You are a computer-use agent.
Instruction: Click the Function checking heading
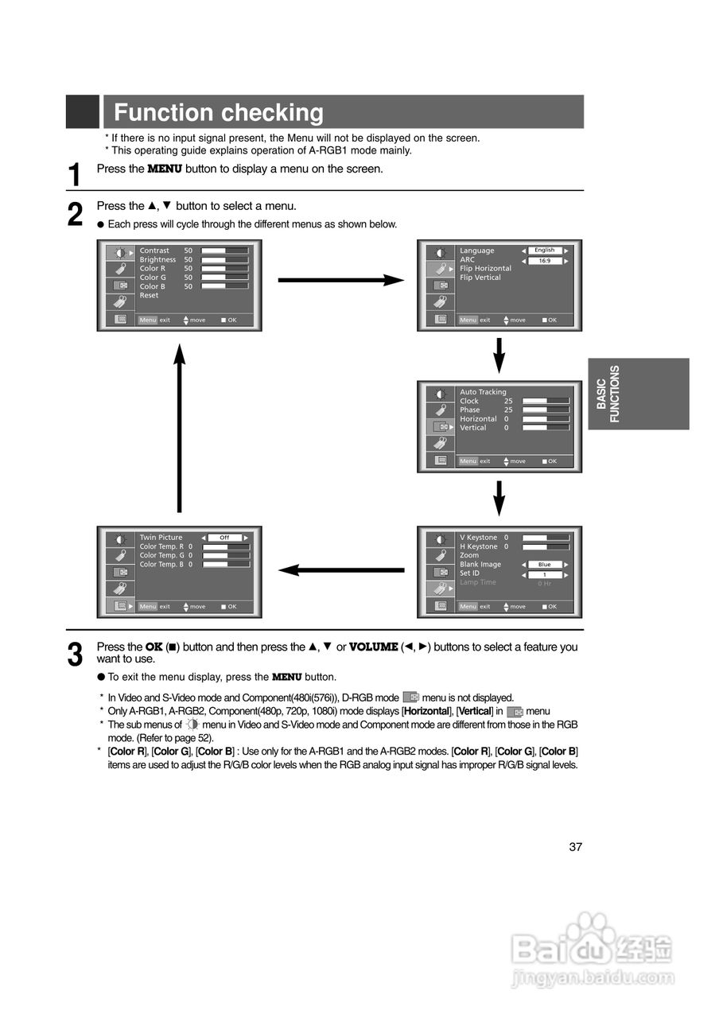point(219,113)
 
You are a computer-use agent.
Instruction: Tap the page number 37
point(576,846)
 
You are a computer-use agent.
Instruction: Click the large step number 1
point(75,175)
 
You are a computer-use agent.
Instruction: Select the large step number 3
point(75,655)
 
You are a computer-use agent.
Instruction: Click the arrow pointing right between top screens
point(340,280)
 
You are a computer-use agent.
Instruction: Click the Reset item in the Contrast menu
point(149,295)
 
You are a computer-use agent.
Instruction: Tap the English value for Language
point(545,251)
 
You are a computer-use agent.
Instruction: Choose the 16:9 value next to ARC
point(545,260)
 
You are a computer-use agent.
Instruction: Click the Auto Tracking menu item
point(483,392)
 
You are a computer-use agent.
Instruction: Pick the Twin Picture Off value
point(224,538)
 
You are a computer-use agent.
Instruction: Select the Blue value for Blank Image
point(545,565)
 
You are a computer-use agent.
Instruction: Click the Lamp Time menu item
point(477,582)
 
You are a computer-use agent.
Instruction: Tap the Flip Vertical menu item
point(480,278)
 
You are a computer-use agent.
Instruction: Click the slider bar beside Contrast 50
point(224,251)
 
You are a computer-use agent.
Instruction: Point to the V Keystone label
point(478,538)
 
